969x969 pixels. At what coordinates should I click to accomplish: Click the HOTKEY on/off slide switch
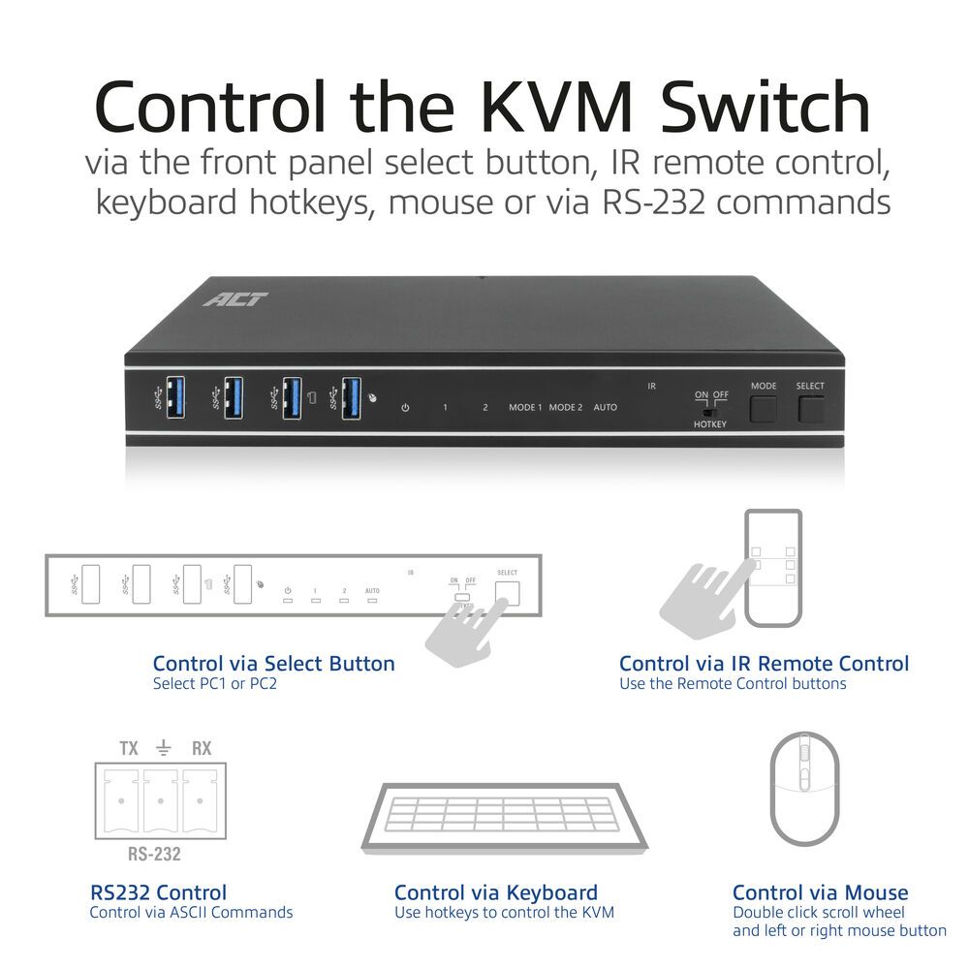[x=709, y=408]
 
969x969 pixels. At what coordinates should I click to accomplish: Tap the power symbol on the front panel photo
[x=405, y=407]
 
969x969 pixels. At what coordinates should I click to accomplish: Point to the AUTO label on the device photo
[x=605, y=407]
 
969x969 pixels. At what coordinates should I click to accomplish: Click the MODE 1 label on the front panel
[x=525, y=407]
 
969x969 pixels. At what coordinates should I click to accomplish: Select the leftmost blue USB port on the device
[x=175, y=397]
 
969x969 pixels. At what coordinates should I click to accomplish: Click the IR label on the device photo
[x=652, y=386]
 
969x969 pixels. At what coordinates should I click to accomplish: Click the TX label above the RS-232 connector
[x=129, y=748]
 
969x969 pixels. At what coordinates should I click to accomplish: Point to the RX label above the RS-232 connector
[x=202, y=748]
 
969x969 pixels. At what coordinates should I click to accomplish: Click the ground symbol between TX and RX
[x=164, y=747]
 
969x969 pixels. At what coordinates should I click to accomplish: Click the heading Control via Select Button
[x=273, y=664]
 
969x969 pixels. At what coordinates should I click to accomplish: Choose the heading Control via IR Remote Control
[x=764, y=664]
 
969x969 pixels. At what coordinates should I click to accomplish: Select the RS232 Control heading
[x=158, y=892]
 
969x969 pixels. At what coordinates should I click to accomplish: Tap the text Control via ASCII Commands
[x=191, y=912]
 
